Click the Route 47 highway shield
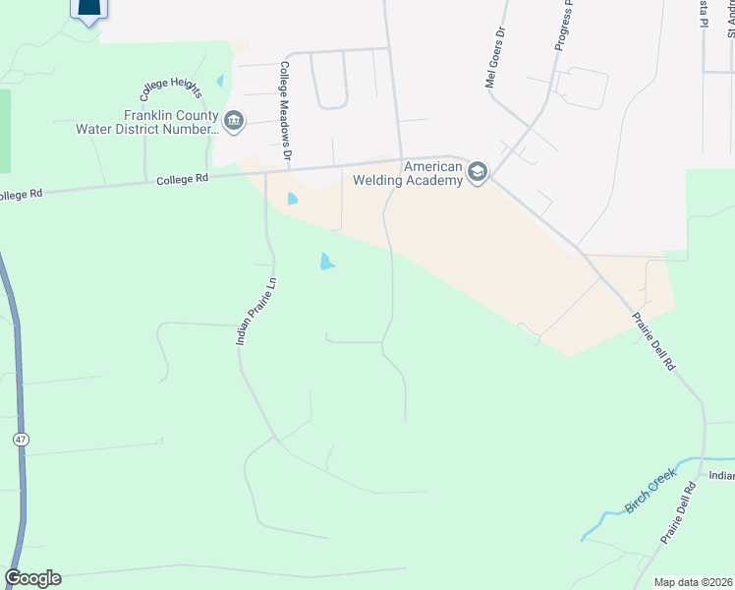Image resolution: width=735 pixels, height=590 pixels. coord(20,439)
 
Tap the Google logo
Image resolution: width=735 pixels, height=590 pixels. coord(32,578)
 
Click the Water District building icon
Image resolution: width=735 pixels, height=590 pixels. coord(235,122)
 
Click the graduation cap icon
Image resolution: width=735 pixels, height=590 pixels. coord(477,173)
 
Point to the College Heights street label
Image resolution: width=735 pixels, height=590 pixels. coord(170,89)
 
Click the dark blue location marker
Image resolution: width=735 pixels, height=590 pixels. coord(89,10)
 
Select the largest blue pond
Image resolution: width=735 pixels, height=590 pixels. coord(325,262)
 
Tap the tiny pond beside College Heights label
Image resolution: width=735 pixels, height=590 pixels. coord(220,81)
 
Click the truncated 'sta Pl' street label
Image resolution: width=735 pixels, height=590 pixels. coord(704,17)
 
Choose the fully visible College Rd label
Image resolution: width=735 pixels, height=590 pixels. coord(184,179)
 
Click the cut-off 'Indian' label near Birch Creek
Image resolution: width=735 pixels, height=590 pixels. coord(721,475)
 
